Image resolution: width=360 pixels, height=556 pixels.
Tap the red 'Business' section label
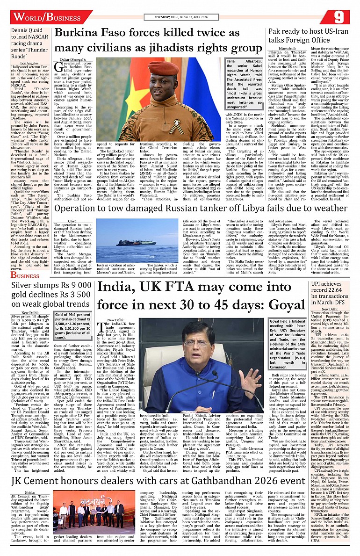[x=26, y=275]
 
